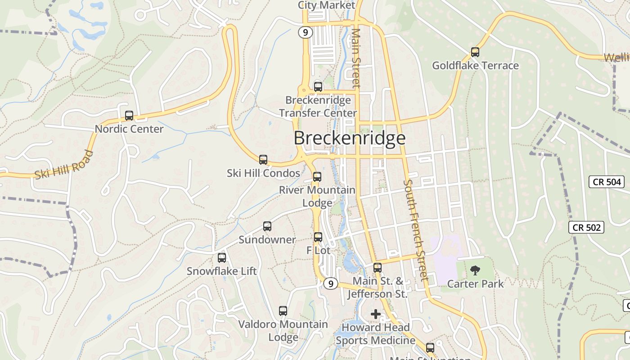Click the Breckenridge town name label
[350, 138]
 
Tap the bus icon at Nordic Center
[129, 116]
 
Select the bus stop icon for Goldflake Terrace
[475, 52]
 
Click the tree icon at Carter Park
[475, 270]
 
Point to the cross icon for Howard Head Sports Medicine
[375, 314]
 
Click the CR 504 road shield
[607, 182]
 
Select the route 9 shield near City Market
[306, 32]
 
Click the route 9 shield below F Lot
[331, 284]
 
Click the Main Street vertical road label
[356, 58]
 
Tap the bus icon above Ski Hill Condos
[263, 160]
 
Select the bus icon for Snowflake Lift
[222, 258]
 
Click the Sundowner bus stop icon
[267, 226]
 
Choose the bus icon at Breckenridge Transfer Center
[318, 87]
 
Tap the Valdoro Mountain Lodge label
[283, 330]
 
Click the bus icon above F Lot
[318, 237]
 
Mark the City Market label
[327, 5]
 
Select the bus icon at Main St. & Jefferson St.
[378, 268]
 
